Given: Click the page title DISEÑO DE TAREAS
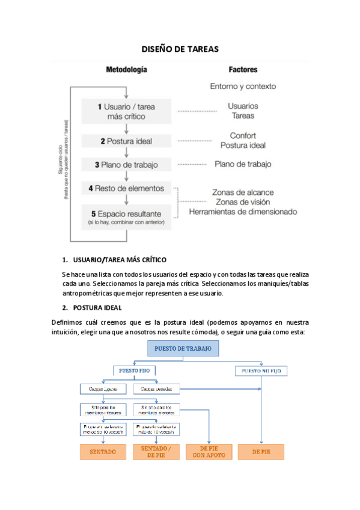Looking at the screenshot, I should click(x=180, y=49).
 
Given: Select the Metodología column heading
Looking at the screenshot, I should click(x=126, y=70).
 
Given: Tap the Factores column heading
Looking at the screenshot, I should click(x=243, y=70).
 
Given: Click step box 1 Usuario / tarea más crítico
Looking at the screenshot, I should click(x=126, y=111).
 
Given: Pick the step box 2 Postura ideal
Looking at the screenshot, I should click(x=126, y=141).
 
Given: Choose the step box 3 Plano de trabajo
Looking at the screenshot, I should click(x=126, y=164).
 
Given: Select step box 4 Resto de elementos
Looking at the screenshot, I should click(x=126, y=188).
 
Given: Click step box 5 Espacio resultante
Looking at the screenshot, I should click(x=126, y=217).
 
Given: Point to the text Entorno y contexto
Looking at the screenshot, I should click(x=243, y=86).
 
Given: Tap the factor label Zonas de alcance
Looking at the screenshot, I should click(x=243, y=192).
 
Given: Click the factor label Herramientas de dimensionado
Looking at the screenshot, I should click(x=243, y=212).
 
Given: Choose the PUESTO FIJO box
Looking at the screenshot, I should click(x=135, y=371).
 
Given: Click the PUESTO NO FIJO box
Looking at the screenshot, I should click(x=261, y=372).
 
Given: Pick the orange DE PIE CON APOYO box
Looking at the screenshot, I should click(x=209, y=452).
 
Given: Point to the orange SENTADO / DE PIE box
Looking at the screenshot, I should click(x=156, y=452).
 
